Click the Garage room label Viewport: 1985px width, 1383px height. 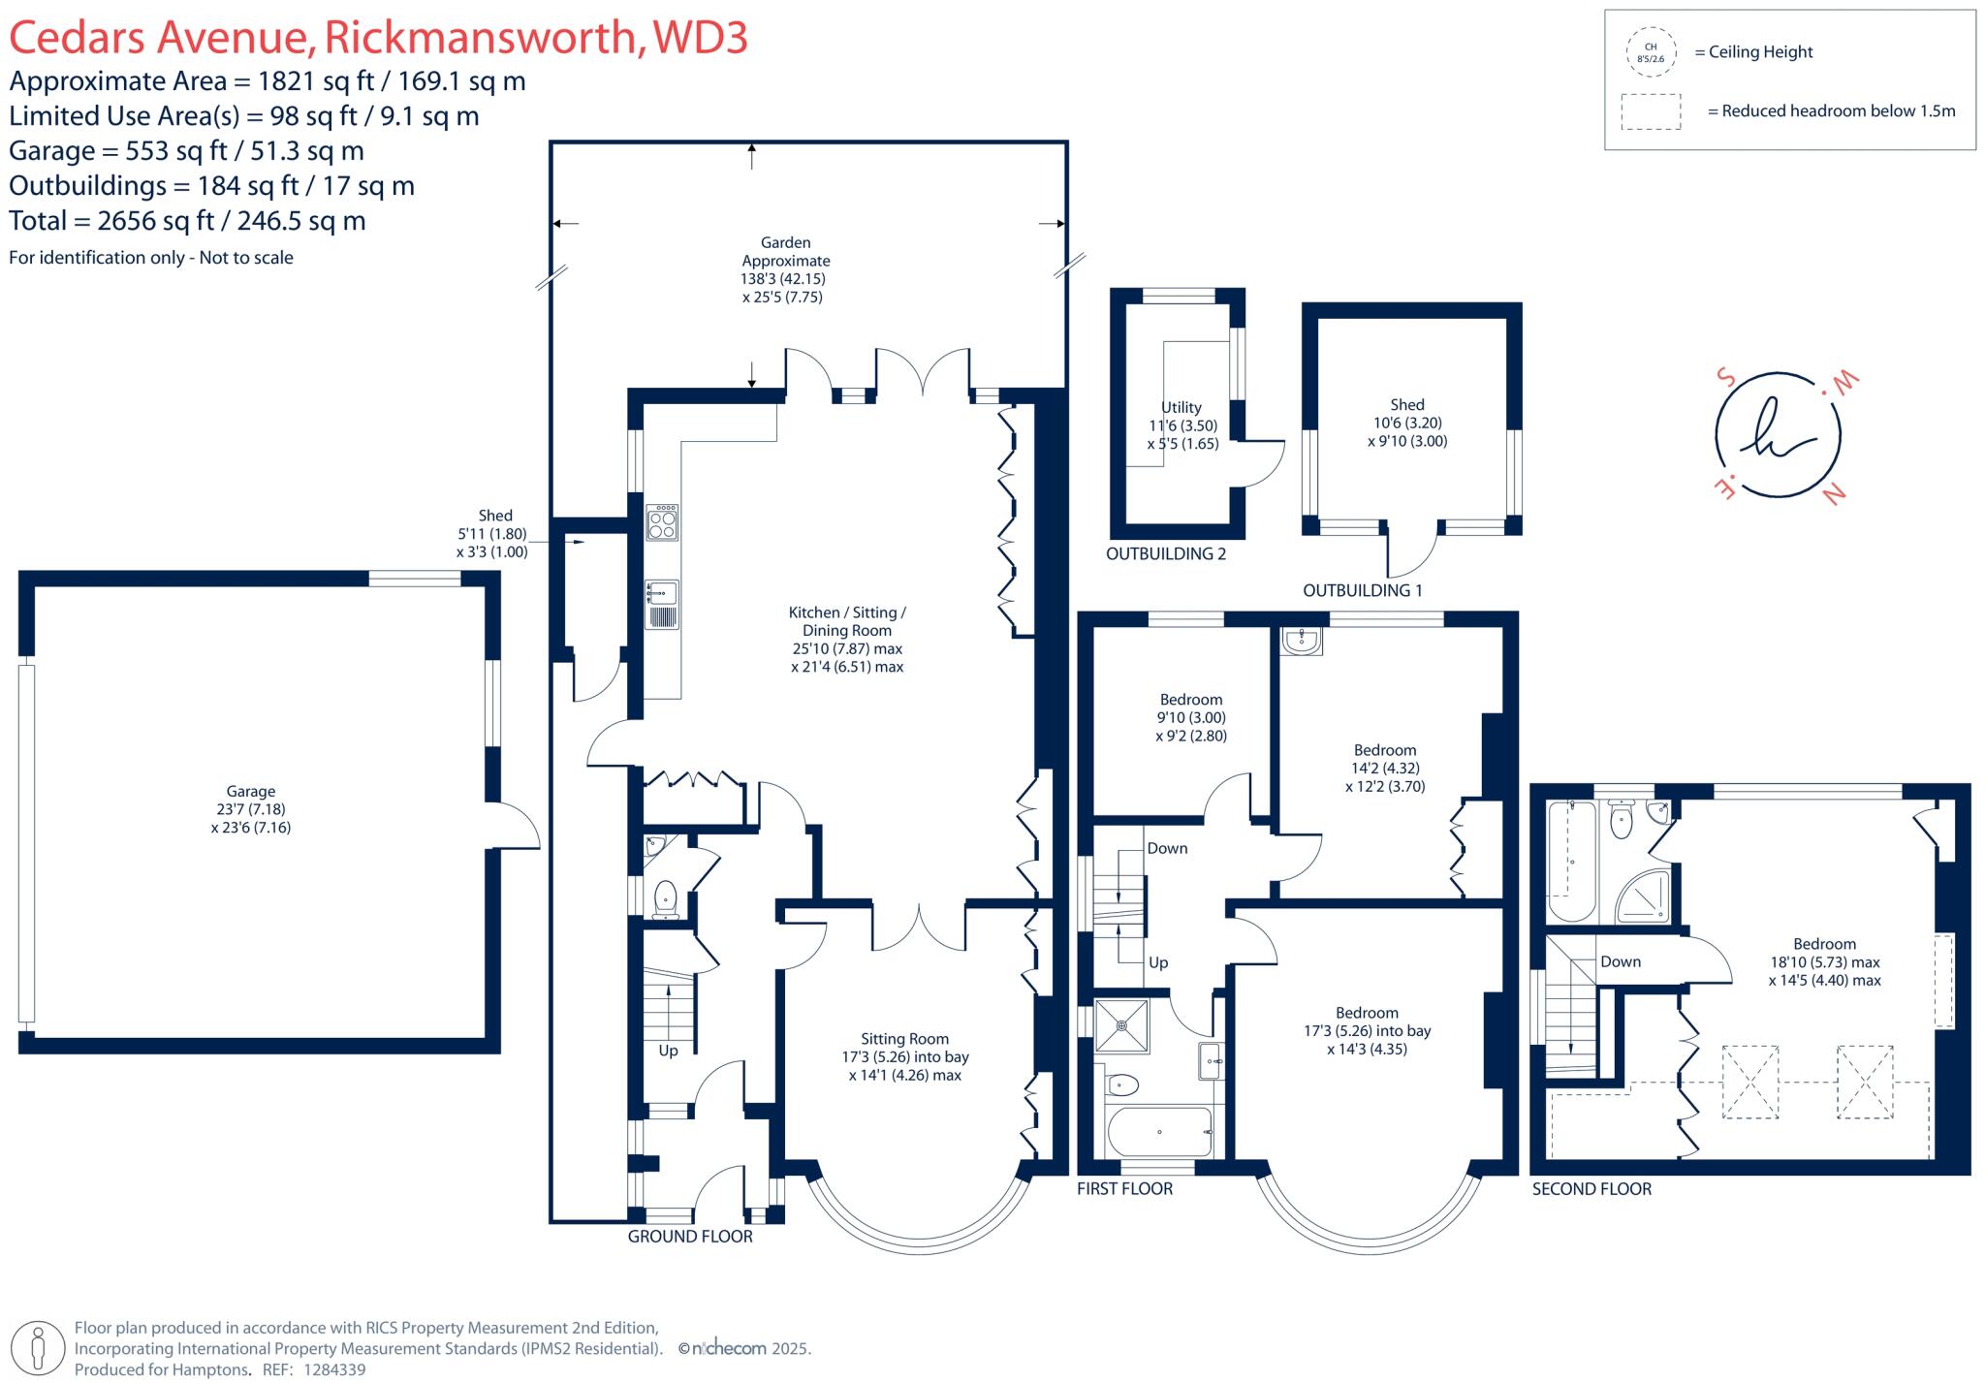[x=251, y=808]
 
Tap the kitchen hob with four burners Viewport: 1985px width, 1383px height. [x=663, y=521]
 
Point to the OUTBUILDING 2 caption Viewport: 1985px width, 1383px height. [x=1166, y=554]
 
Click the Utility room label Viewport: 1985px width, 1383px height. [x=1182, y=424]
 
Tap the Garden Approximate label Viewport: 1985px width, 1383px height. [x=785, y=269]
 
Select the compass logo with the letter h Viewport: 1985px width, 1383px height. [x=1777, y=434]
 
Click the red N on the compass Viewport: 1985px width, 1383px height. [x=1834, y=494]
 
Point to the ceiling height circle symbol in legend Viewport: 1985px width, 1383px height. [x=1651, y=52]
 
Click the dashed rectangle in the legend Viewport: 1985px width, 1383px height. [x=1651, y=111]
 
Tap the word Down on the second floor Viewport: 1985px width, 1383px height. [x=1621, y=961]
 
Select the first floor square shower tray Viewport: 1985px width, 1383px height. [x=1122, y=1025]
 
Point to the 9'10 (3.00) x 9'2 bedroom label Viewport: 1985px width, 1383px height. [x=1191, y=717]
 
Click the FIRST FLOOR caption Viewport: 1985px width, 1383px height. [x=1124, y=1188]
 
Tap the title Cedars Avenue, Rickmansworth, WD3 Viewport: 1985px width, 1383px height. [x=378, y=37]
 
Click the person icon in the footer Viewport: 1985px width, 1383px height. [x=39, y=1347]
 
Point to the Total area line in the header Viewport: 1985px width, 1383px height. [x=187, y=221]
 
